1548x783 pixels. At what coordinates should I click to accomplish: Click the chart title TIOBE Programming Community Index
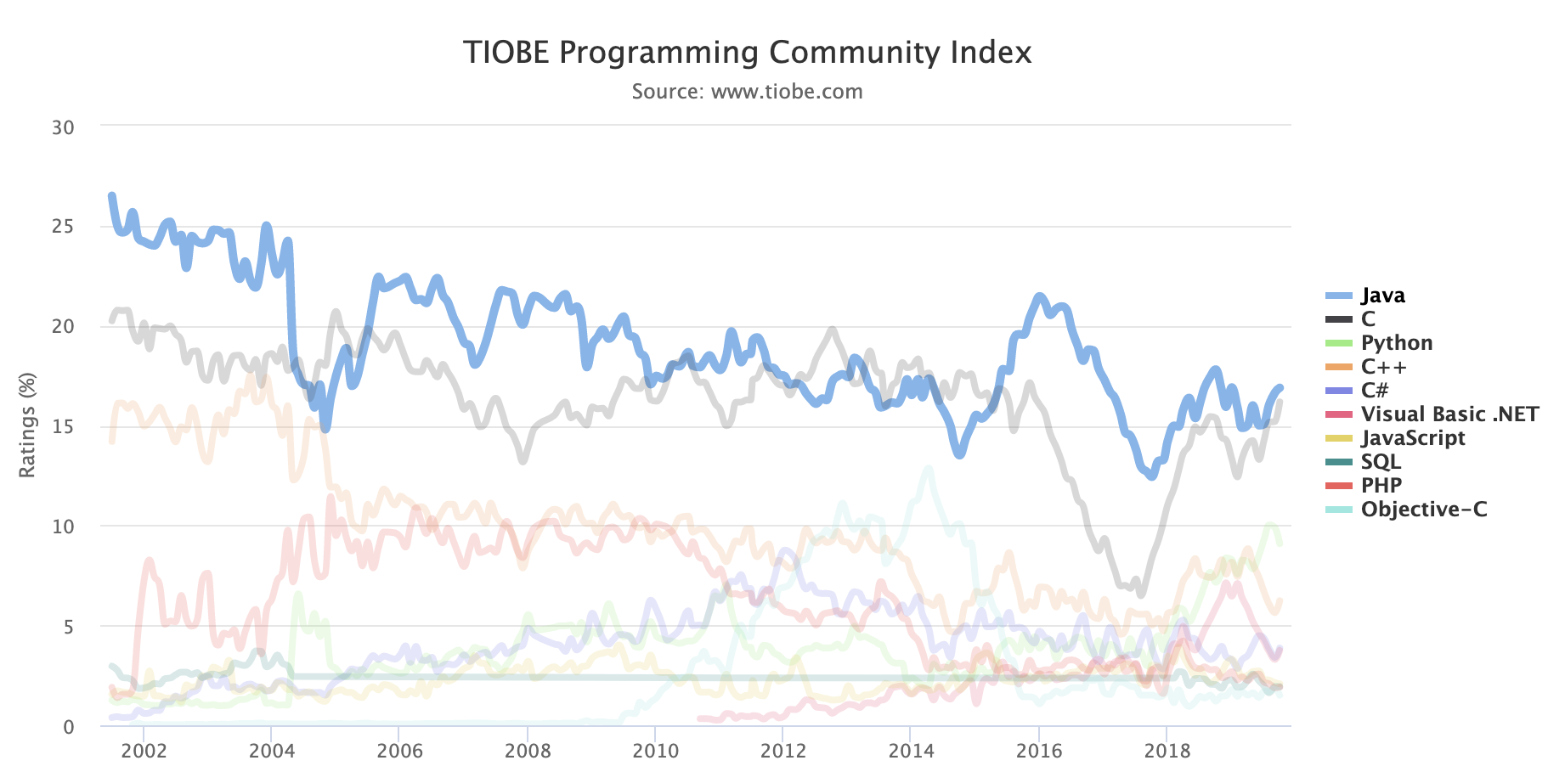pos(747,53)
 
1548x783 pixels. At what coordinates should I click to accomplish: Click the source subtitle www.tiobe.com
pos(747,92)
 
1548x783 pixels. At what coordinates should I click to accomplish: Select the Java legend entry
pos(1382,296)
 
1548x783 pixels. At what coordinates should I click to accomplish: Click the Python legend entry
pos(1396,343)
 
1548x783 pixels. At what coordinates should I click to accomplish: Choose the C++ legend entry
pos(1383,367)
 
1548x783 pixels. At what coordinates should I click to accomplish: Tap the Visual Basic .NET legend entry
pos(1449,414)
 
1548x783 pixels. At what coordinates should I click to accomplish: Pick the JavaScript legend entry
pos(1412,438)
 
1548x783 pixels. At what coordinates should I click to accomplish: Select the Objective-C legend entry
pos(1423,510)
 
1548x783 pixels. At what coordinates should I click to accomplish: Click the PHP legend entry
pos(1381,486)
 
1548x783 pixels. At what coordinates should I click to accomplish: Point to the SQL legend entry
pos(1381,462)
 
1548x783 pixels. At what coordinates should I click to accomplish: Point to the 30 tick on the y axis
pos(63,127)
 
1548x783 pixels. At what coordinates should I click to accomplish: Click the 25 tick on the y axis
pos(63,227)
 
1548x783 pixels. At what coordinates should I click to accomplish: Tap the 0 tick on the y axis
pos(69,727)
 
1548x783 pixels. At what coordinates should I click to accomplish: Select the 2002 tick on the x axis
pos(143,752)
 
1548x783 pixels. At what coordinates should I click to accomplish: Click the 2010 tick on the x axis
pos(655,752)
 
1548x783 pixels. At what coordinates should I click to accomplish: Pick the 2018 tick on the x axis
pos(1167,752)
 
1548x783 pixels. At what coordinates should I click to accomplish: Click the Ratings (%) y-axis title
pos(27,425)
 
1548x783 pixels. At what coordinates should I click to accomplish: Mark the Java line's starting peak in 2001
pos(111,196)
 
